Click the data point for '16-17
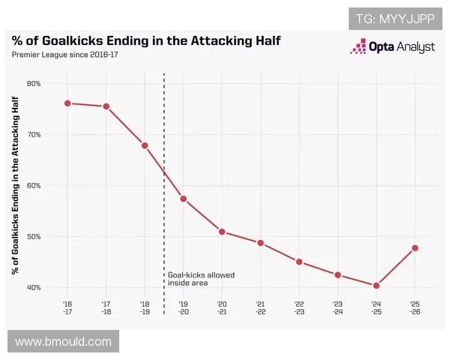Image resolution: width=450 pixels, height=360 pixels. pyautogui.click(x=67, y=103)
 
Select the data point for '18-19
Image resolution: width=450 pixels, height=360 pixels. pyautogui.click(x=145, y=145)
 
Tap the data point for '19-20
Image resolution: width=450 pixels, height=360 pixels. pyautogui.click(x=183, y=199)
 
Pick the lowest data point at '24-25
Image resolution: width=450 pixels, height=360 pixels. pyautogui.click(x=376, y=286)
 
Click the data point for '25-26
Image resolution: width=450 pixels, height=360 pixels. pyautogui.click(x=415, y=247)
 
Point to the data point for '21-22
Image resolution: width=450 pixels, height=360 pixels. pyautogui.click(x=260, y=243)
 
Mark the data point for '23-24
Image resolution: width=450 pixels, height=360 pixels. pyautogui.click(x=337, y=275)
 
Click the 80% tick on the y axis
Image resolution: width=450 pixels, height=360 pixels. pyautogui.click(x=34, y=83)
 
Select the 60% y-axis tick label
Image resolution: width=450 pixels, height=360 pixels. pyautogui.click(x=34, y=185)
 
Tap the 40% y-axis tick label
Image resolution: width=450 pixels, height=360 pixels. pyautogui.click(x=34, y=288)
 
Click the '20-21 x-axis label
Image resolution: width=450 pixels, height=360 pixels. pyautogui.click(x=222, y=307)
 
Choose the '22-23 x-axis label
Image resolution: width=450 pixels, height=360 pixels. pyautogui.click(x=299, y=307)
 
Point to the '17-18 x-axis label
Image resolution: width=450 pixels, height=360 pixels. pyautogui.click(x=106, y=307)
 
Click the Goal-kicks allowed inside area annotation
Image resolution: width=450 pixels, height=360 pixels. pyautogui.click(x=200, y=279)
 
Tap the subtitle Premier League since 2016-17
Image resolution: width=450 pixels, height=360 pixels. pyautogui.click(x=64, y=55)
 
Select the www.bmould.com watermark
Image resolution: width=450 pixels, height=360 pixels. pyautogui.click(x=63, y=342)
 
